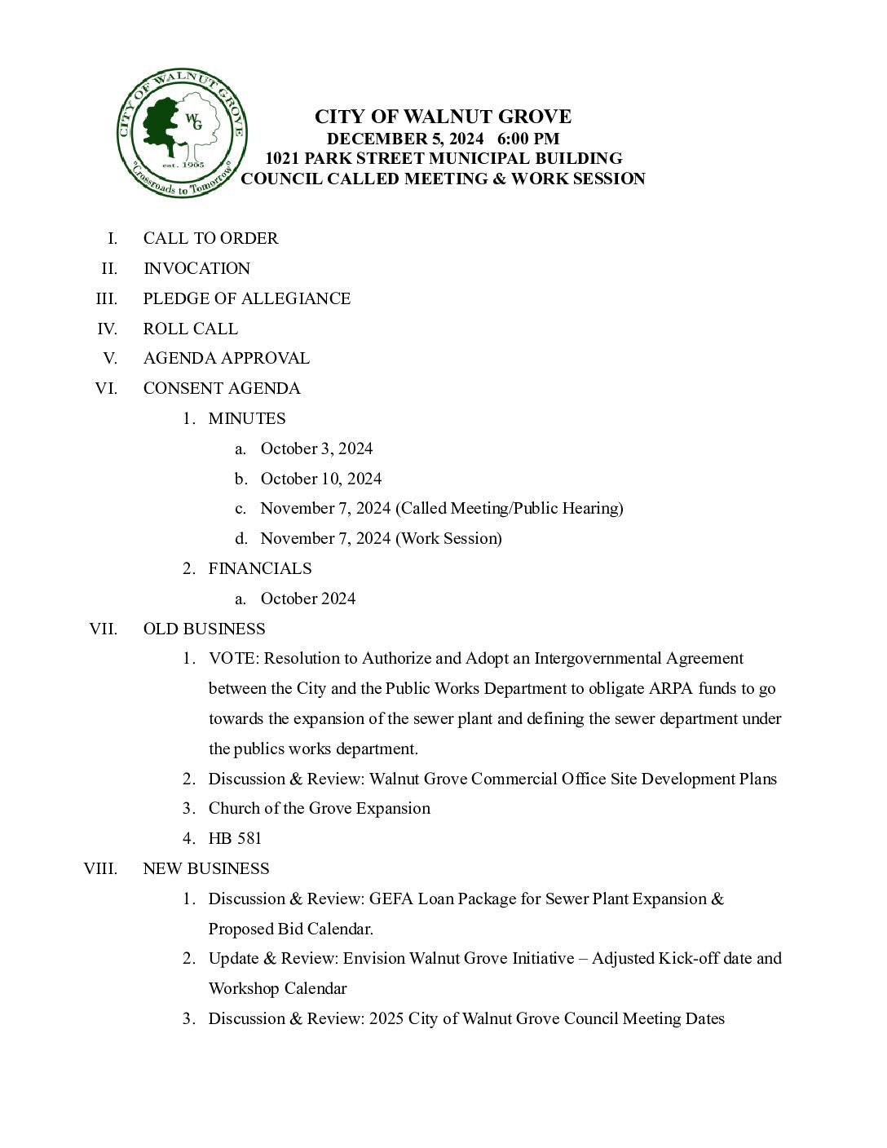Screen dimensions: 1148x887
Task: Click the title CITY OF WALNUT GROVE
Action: pos(443,117)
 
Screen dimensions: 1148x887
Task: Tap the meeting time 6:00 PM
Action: pos(534,139)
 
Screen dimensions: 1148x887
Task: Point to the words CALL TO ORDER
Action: pos(210,238)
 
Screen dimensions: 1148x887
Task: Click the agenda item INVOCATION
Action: pos(196,268)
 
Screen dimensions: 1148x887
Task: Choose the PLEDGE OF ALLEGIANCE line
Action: pos(246,298)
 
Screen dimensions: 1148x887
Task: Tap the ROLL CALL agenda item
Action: pos(190,329)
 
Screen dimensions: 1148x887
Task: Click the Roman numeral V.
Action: pos(110,358)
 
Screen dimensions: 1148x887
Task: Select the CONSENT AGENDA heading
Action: pos(222,388)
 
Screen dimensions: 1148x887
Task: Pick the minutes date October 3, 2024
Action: pos(316,448)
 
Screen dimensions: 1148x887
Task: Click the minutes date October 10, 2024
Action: pos(320,479)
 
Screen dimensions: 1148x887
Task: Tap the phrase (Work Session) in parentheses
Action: pos(448,538)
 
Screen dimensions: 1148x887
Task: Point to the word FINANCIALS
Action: pos(260,568)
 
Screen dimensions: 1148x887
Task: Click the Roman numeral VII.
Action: pos(103,629)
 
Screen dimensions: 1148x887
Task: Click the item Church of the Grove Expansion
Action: pos(319,808)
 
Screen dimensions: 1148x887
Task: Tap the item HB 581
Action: pos(235,838)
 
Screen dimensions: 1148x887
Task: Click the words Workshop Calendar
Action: pos(277,988)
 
